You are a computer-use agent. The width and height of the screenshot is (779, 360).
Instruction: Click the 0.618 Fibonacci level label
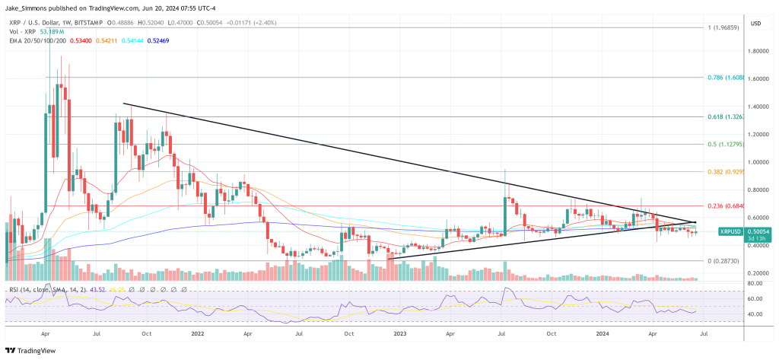(x=730, y=117)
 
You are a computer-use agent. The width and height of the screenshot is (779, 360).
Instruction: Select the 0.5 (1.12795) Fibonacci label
(x=728, y=145)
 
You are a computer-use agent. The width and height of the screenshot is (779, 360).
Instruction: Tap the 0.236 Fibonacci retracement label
(x=730, y=205)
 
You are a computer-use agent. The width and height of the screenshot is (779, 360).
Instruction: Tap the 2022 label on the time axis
(x=197, y=333)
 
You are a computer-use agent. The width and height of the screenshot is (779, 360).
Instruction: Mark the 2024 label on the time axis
(x=603, y=333)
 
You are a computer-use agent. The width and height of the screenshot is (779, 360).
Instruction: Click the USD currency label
(x=755, y=24)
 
